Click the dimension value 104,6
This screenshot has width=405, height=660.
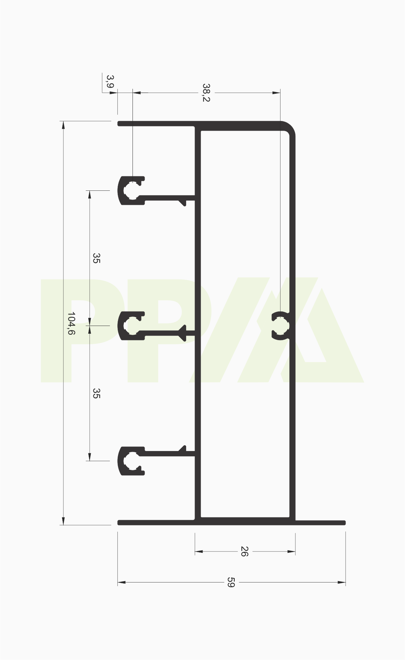click(x=71, y=323)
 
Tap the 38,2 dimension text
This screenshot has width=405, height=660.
click(x=206, y=92)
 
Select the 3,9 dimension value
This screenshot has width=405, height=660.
click(x=110, y=82)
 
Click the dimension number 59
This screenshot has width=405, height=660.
click(x=230, y=582)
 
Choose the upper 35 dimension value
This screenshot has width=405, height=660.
click(x=96, y=258)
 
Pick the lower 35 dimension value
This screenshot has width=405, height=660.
click(x=96, y=393)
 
